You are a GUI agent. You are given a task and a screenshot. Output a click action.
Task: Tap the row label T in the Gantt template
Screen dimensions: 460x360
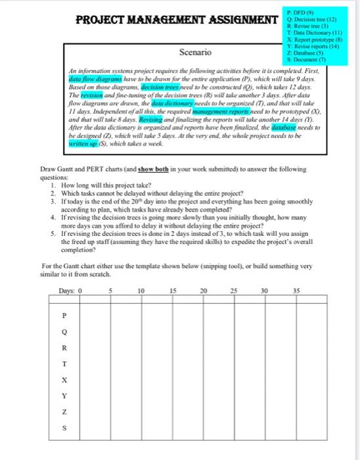(x=64, y=363)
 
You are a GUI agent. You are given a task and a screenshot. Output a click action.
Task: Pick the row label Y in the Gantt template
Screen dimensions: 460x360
(x=64, y=395)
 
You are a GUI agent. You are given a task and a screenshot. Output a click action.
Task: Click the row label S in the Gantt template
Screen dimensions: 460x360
(x=64, y=427)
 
